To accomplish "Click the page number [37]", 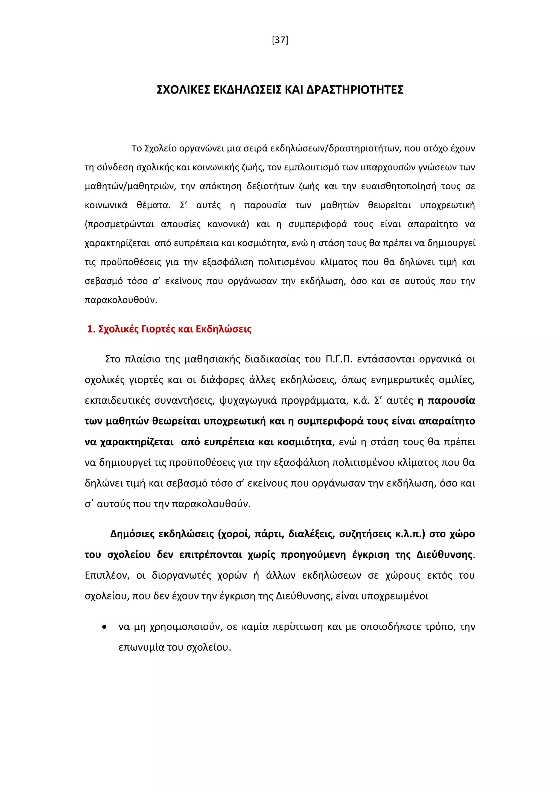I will [280, 40].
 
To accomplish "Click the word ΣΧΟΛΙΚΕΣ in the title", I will [183, 90].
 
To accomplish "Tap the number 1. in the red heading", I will [91, 330].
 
